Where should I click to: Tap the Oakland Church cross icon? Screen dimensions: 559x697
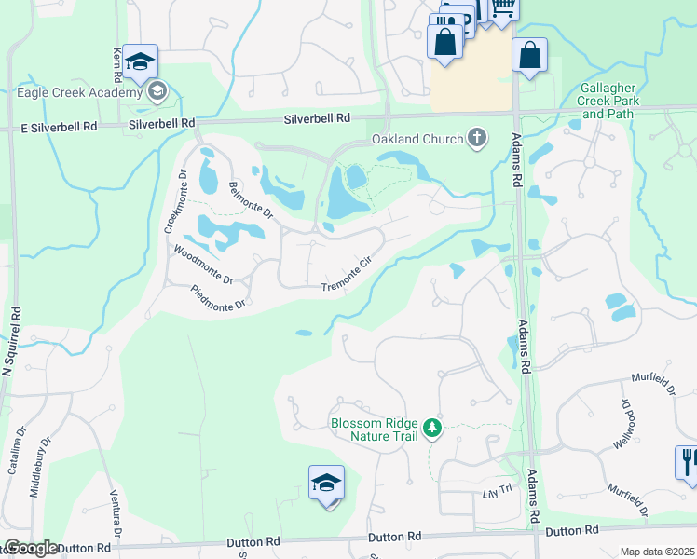click(477, 139)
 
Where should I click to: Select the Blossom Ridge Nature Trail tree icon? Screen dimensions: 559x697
click(431, 429)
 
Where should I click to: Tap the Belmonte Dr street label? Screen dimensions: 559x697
click(251, 198)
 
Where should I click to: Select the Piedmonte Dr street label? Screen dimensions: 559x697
click(219, 297)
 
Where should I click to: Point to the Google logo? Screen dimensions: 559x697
click(30, 548)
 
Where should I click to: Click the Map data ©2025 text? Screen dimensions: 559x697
click(656, 552)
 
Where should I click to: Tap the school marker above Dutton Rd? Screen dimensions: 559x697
click(326, 484)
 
